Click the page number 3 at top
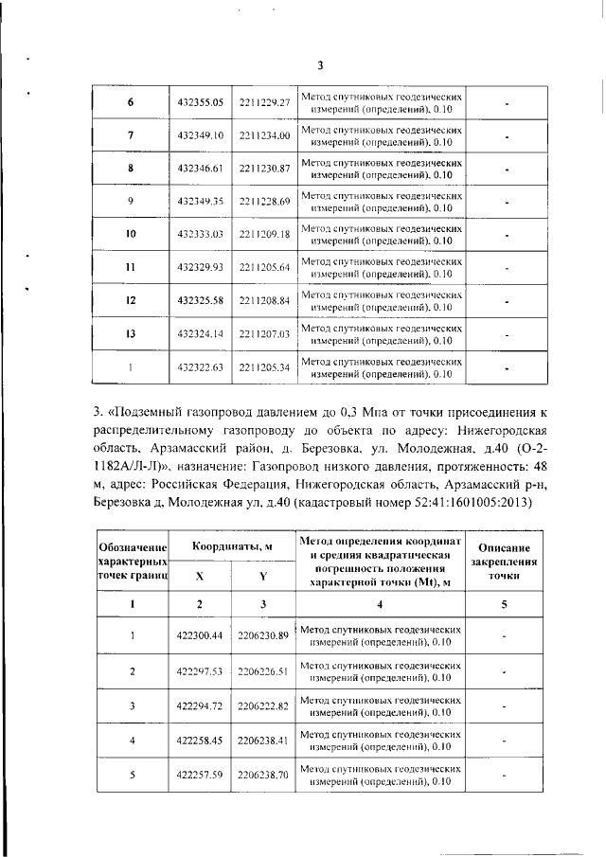(x=320, y=65)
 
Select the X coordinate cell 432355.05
(x=200, y=102)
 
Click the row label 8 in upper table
(x=130, y=169)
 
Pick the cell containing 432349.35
(x=200, y=202)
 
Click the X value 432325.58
(x=200, y=300)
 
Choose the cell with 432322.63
(x=200, y=366)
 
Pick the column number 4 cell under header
(x=381, y=604)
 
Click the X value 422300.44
(x=200, y=638)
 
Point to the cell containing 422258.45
(x=200, y=741)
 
